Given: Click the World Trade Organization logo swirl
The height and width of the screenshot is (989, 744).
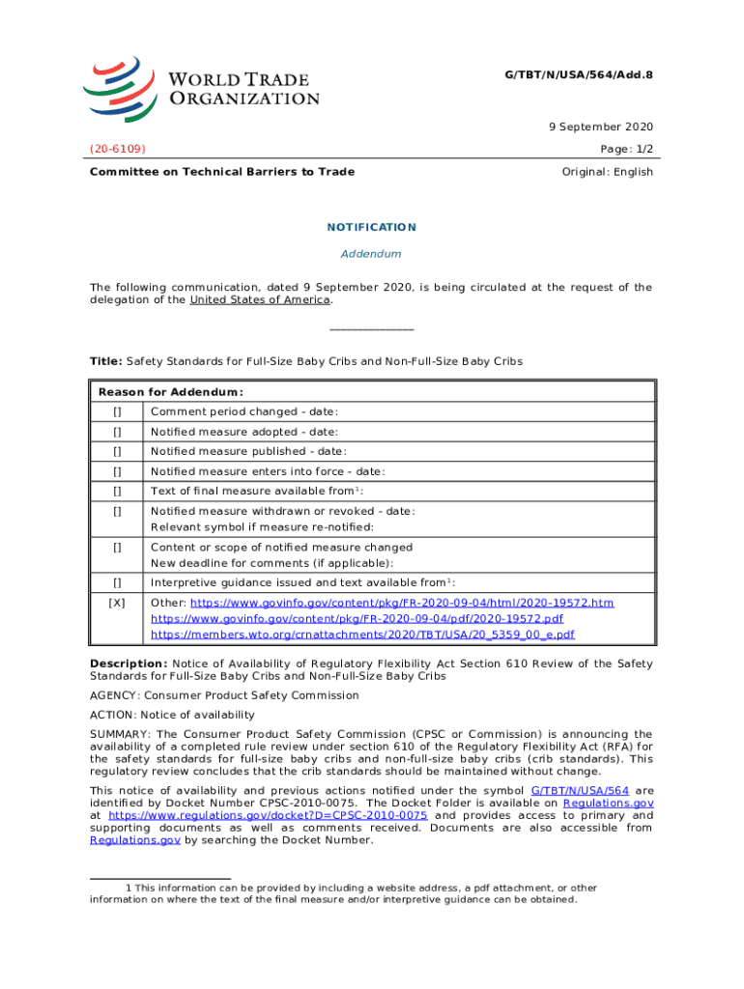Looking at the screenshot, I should click(119, 86).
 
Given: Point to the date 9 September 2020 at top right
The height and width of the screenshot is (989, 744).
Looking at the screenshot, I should click(597, 127).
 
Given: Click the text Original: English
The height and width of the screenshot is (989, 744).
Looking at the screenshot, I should click(607, 172).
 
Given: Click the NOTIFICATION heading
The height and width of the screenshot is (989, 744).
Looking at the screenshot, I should click(372, 228).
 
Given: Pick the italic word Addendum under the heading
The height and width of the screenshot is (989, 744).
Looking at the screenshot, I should click(371, 254).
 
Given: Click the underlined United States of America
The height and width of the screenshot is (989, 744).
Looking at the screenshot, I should click(260, 299).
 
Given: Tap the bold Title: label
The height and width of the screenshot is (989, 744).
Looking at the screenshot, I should click(105, 361).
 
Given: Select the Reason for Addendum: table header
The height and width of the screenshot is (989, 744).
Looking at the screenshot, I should click(170, 392).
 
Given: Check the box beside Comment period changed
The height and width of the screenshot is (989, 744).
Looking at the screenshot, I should click(117, 412).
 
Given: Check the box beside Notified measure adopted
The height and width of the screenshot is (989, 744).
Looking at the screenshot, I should click(117, 432).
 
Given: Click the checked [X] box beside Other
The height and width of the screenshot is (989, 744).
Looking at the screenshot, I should click(117, 603).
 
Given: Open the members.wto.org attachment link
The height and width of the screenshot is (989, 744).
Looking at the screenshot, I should click(363, 635).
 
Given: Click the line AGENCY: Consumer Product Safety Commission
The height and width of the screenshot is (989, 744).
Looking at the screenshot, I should click(224, 695).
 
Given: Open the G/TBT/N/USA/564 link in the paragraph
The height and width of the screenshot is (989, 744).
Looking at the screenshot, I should click(573, 790).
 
